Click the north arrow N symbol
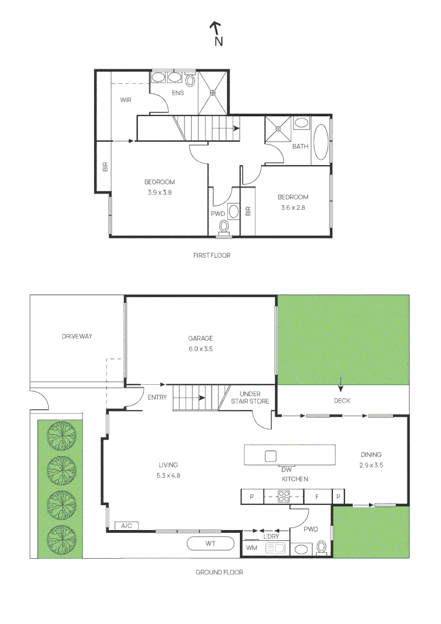pos(217,34)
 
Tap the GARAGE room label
pos(200,338)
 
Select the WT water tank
pos(210,544)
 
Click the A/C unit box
pos(126,526)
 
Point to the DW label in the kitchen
pos(287,470)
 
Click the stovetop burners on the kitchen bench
pos(283,496)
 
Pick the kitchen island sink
pos(270,456)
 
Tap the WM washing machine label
pos(251,548)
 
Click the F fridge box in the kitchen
pos(318,497)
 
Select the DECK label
pos(342,401)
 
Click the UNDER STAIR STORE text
pos(250,398)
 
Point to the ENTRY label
pos(157,397)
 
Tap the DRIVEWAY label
pos(77,336)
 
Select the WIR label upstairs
pos(125,100)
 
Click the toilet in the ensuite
pos(190,81)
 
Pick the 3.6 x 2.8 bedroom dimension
pos(293,207)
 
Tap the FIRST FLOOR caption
pos(212,255)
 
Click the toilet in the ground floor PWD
pos(321,547)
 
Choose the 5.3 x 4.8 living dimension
pos(168,475)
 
